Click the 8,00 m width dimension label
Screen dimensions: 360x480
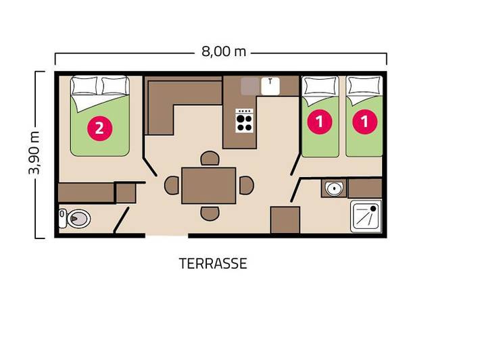(x=221, y=53)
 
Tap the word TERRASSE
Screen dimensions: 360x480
(x=213, y=263)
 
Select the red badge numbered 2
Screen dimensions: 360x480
(x=99, y=128)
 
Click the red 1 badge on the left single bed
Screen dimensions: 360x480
(x=320, y=122)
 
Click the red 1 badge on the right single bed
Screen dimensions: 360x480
(x=365, y=122)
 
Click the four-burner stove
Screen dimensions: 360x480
(x=244, y=121)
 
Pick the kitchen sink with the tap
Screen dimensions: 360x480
(x=270, y=86)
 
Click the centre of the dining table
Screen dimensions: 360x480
(x=209, y=184)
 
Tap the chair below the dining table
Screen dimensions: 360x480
(x=210, y=212)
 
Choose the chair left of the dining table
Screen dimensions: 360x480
(x=173, y=184)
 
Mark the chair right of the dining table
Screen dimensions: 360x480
(x=246, y=184)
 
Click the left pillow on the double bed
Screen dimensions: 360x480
(x=85, y=86)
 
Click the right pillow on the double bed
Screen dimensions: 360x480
(x=114, y=86)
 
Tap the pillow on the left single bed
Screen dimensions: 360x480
(x=320, y=87)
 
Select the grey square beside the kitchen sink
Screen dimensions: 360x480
(x=250, y=86)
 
